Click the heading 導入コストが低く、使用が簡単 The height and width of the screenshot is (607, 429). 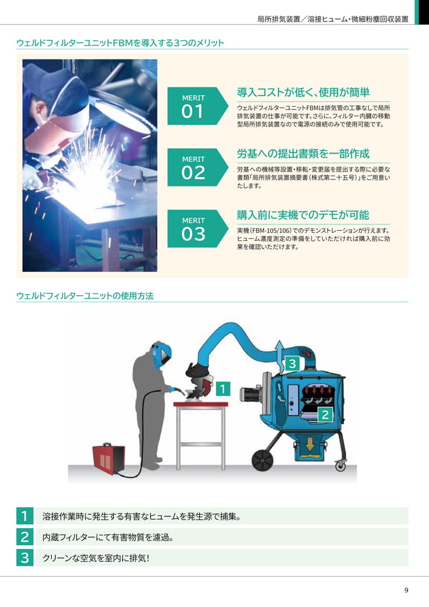pyautogui.click(x=303, y=92)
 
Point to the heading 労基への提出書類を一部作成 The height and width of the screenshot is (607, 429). pyautogui.click(x=303, y=154)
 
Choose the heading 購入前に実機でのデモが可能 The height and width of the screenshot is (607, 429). pyautogui.click(x=303, y=215)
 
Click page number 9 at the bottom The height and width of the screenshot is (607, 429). pyautogui.click(x=406, y=591)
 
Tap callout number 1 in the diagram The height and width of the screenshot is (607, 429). pyautogui.click(x=222, y=389)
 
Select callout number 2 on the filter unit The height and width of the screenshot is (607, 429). pyautogui.click(x=325, y=415)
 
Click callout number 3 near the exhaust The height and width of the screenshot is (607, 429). pyautogui.click(x=293, y=364)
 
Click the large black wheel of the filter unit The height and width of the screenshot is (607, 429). pyautogui.click(x=263, y=460)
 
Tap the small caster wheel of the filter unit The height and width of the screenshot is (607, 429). pyautogui.click(x=340, y=465)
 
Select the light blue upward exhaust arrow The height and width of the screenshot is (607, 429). pyautogui.click(x=279, y=354)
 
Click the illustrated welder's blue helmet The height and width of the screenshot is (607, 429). pyautogui.click(x=162, y=354)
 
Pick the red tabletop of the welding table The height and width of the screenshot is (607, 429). pyautogui.click(x=200, y=405)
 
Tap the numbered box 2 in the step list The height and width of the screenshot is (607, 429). pyautogui.click(x=25, y=537)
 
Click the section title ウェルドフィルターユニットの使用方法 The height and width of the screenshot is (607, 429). pyautogui.click(x=85, y=296)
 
